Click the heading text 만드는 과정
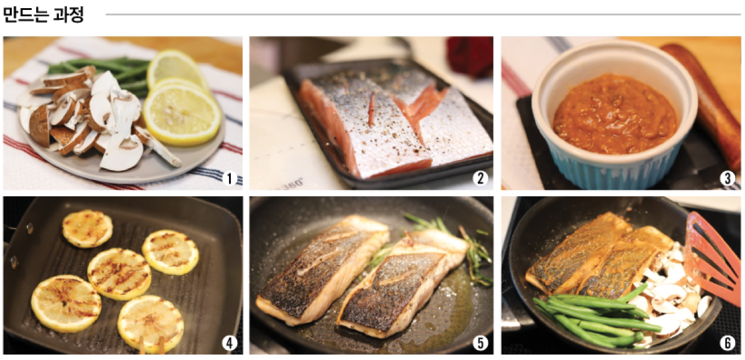[43, 15]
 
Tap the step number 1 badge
[230, 179]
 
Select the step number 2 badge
[481, 179]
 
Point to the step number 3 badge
[728, 179]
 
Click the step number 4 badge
[230, 343]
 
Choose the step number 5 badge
[481, 343]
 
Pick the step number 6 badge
[728, 343]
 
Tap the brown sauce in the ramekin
[615, 115]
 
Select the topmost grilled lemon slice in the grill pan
[88, 228]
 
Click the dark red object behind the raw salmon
[469, 56]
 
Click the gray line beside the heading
[423, 15]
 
